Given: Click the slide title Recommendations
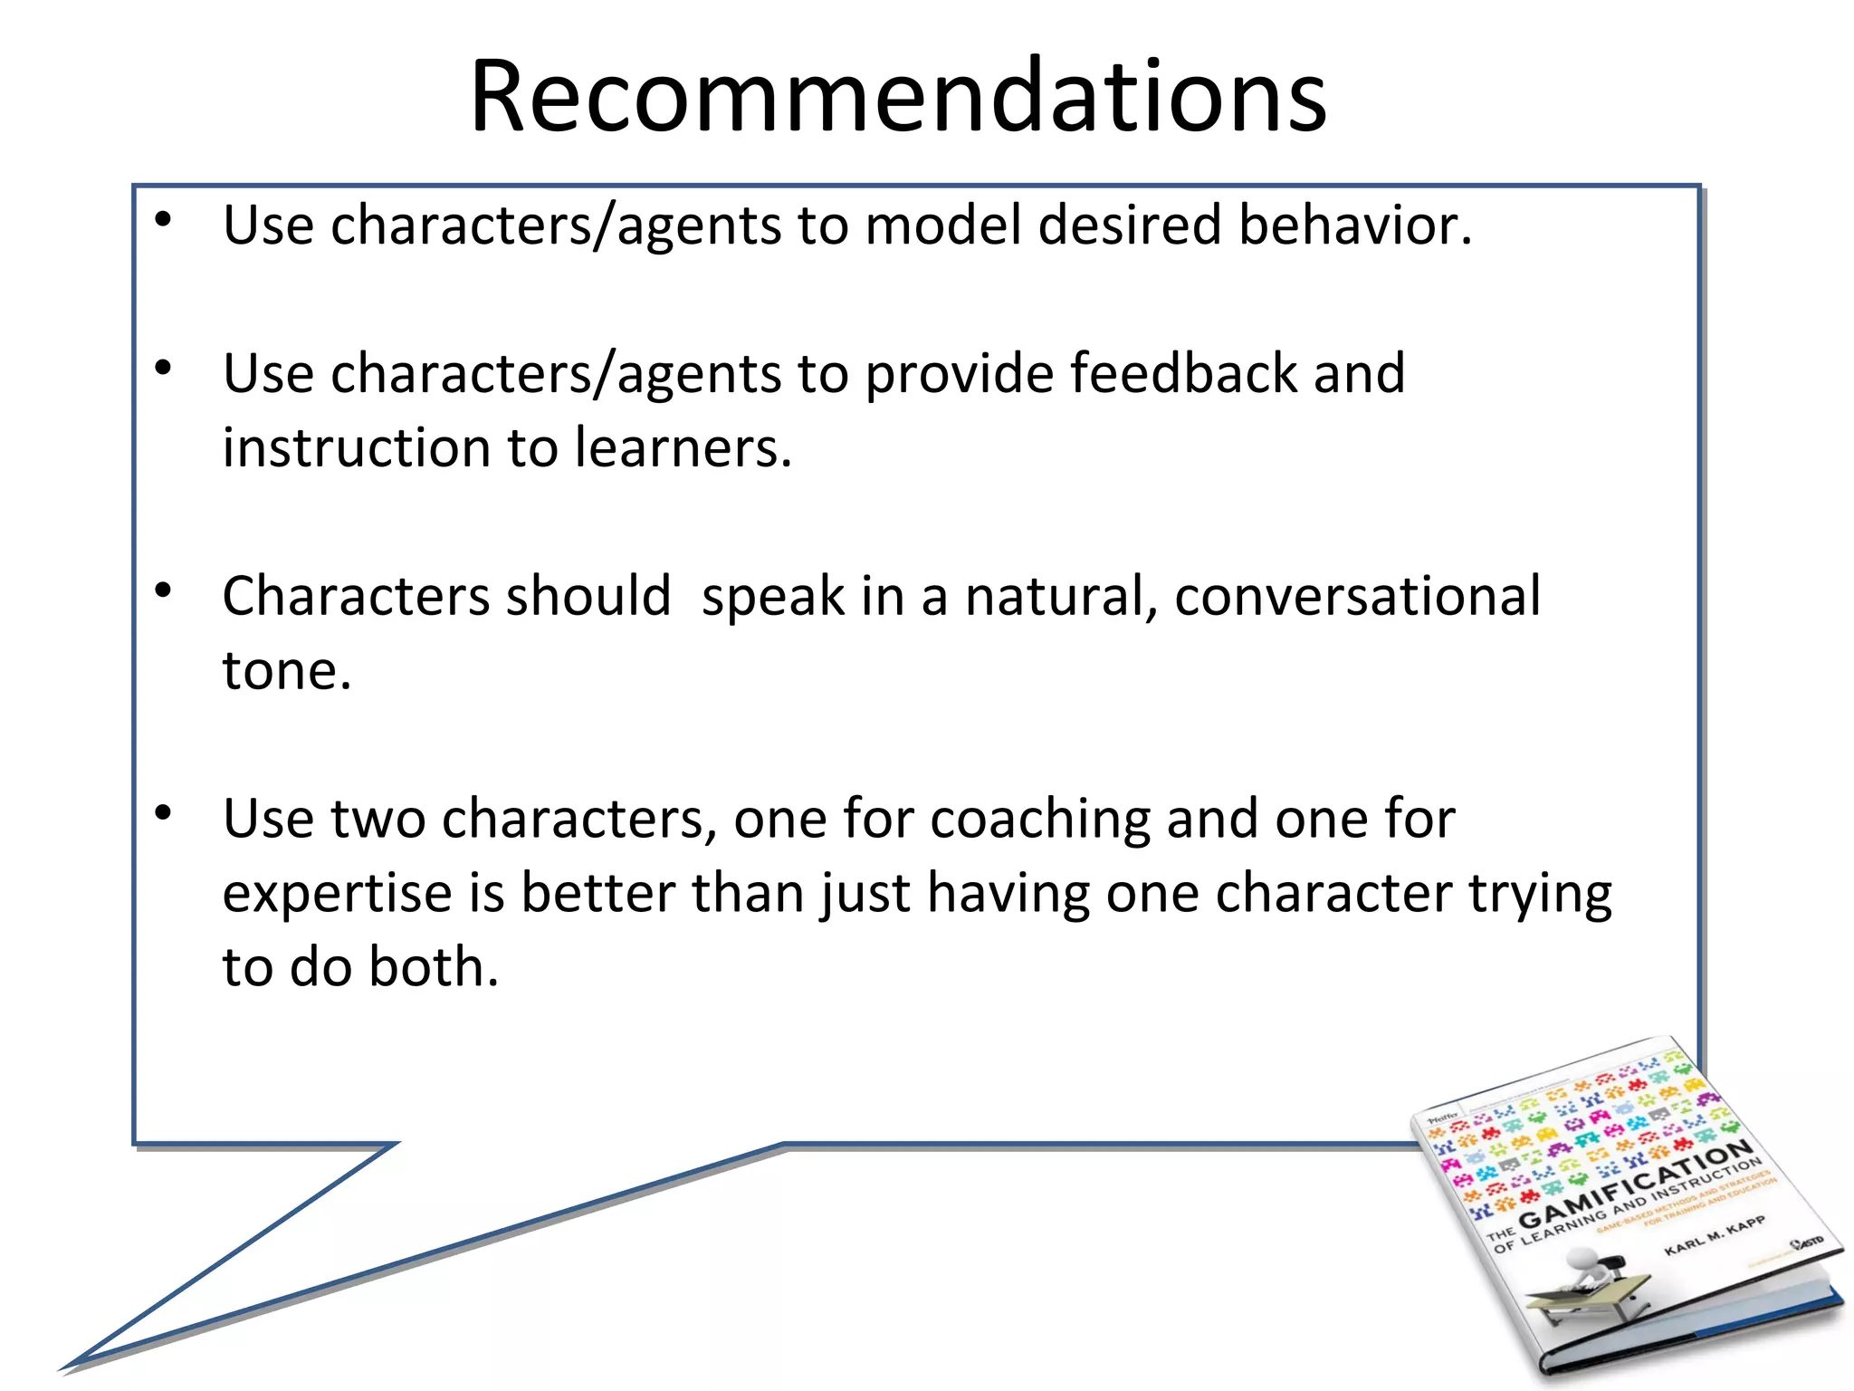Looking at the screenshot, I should [898, 96].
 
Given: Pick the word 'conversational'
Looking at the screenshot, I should [1357, 596].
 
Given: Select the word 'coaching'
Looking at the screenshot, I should [1039, 819].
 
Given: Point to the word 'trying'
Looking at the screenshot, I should [1539, 895].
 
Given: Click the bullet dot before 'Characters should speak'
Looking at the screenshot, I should [163, 591].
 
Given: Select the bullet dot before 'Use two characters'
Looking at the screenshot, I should [163, 813].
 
